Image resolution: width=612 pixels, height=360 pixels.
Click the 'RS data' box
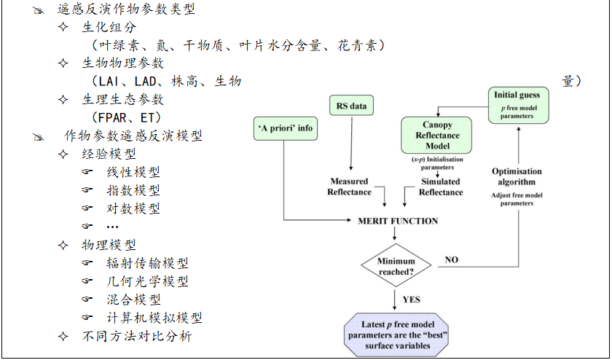(x=351, y=106)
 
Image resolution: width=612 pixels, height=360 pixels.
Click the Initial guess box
(x=517, y=103)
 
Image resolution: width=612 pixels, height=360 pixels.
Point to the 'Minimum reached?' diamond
(x=396, y=266)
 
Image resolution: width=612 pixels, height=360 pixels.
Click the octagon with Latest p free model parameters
(x=396, y=334)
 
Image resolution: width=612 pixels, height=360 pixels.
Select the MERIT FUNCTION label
(x=398, y=221)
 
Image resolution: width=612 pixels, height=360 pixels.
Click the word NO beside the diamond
(x=452, y=259)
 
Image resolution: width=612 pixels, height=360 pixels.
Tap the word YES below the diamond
(x=411, y=299)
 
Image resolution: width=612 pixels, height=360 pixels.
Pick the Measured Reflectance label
(x=349, y=187)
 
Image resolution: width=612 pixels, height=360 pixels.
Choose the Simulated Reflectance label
(x=440, y=187)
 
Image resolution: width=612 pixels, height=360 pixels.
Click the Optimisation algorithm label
(x=517, y=176)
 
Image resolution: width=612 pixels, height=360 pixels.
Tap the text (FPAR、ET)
(x=125, y=117)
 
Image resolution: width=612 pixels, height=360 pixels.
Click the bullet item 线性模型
(x=133, y=173)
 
